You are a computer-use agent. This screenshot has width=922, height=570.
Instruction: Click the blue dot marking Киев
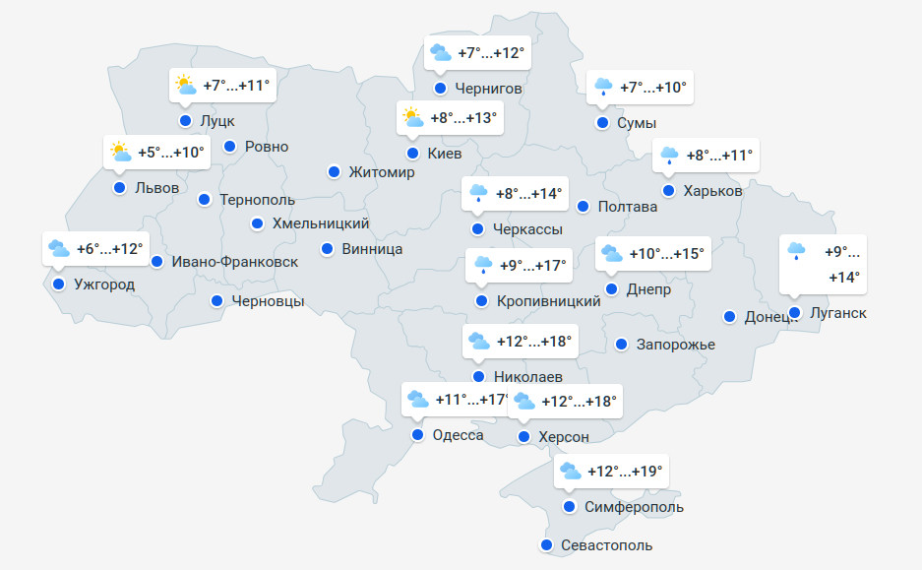[413, 154]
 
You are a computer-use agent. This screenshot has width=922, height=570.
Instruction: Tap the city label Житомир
[382, 172]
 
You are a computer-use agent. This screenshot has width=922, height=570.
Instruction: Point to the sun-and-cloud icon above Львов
[120, 153]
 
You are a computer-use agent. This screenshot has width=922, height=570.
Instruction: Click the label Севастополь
[606, 545]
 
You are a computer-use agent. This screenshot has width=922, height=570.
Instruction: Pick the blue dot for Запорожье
[622, 345]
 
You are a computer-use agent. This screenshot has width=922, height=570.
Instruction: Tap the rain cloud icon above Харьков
[669, 155]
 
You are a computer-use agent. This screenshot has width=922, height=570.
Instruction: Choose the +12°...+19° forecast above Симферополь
[625, 472]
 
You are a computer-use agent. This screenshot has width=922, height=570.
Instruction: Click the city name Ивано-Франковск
[234, 262]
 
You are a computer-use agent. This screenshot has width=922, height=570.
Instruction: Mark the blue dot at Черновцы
[216, 301]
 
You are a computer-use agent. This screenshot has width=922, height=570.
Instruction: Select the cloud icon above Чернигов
[440, 52]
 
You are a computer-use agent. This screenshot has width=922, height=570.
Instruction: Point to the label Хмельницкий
[321, 223]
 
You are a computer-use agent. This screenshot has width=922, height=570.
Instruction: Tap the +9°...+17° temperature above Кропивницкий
[533, 266]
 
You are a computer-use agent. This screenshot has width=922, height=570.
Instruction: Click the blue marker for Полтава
[583, 207]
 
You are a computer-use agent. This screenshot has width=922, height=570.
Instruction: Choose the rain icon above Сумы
[602, 88]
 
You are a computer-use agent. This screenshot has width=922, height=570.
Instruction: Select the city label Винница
[372, 249]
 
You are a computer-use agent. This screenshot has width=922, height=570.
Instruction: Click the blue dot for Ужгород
[59, 285]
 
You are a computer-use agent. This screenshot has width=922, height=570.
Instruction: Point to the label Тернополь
[257, 199]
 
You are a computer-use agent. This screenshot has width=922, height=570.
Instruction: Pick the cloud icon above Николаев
[478, 342]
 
